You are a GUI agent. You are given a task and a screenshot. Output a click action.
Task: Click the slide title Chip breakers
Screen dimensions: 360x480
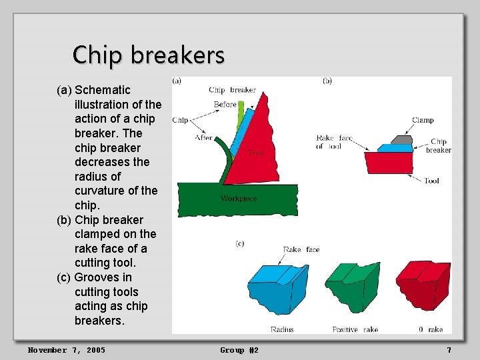click(148, 55)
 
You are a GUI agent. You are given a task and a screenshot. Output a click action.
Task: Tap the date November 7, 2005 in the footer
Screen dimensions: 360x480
click(66, 350)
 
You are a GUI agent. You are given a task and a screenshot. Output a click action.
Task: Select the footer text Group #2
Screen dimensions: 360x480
click(239, 350)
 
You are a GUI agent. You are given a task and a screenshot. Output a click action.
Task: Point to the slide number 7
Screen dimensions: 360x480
click(449, 350)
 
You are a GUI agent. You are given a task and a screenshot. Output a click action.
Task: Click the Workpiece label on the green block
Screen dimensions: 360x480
click(238, 199)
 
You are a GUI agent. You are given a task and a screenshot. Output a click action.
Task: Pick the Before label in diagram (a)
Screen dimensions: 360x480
click(225, 104)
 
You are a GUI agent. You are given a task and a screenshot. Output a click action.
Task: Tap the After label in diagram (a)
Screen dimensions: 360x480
click(204, 138)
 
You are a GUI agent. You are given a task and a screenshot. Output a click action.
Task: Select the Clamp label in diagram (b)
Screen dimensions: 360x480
click(423, 120)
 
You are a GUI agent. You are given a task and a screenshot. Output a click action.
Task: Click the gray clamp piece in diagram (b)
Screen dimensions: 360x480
click(400, 140)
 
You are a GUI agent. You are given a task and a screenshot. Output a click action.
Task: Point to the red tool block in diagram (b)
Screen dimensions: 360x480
click(394, 162)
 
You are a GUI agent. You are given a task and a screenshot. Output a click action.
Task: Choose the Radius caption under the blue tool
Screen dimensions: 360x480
click(282, 329)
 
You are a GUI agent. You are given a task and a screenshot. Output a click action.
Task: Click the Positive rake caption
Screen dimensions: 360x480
click(355, 329)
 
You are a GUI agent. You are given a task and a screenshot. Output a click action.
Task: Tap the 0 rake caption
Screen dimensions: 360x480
click(430, 329)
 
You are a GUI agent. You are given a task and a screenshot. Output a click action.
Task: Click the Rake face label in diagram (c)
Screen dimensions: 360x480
click(301, 249)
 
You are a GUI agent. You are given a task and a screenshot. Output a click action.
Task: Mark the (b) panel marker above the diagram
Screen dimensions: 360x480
click(327, 81)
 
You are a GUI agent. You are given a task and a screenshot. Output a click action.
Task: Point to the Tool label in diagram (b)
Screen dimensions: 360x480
click(431, 180)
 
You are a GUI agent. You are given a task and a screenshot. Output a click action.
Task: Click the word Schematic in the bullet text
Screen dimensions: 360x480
click(103, 90)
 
